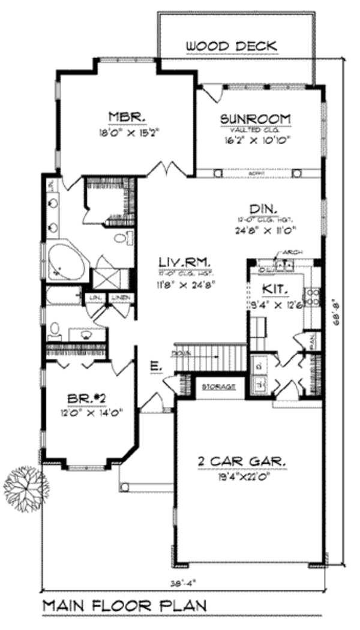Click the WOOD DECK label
[x=230, y=46]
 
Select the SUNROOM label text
[x=255, y=118]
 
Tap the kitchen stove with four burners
[x=311, y=298]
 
